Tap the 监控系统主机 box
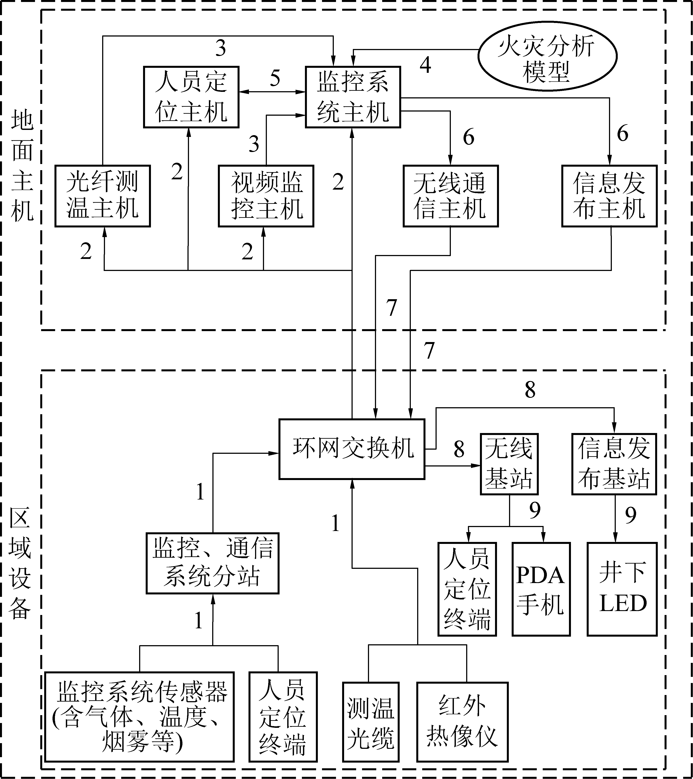(x=353, y=97)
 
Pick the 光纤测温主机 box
(x=103, y=196)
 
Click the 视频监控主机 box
(x=266, y=196)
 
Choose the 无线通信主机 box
(x=451, y=196)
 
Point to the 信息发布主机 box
(x=609, y=196)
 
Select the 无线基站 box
(x=509, y=464)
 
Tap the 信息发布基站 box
(x=614, y=464)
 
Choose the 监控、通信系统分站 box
(x=212, y=563)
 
